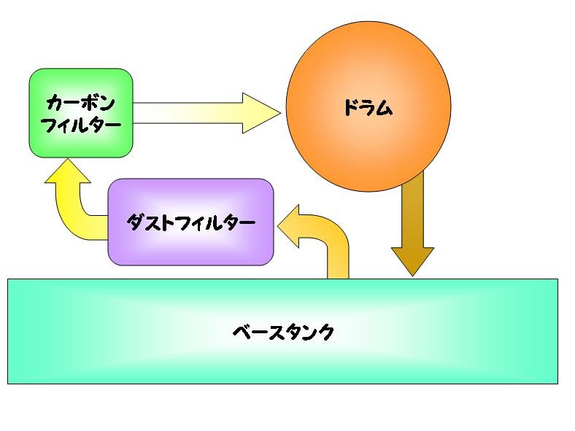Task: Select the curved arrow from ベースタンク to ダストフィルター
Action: click(x=332, y=241)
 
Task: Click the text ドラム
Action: click(x=367, y=109)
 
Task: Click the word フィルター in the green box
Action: click(x=80, y=125)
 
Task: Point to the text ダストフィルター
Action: click(x=190, y=222)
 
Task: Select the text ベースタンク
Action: click(x=282, y=333)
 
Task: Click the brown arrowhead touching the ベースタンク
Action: click(x=413, y=260)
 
